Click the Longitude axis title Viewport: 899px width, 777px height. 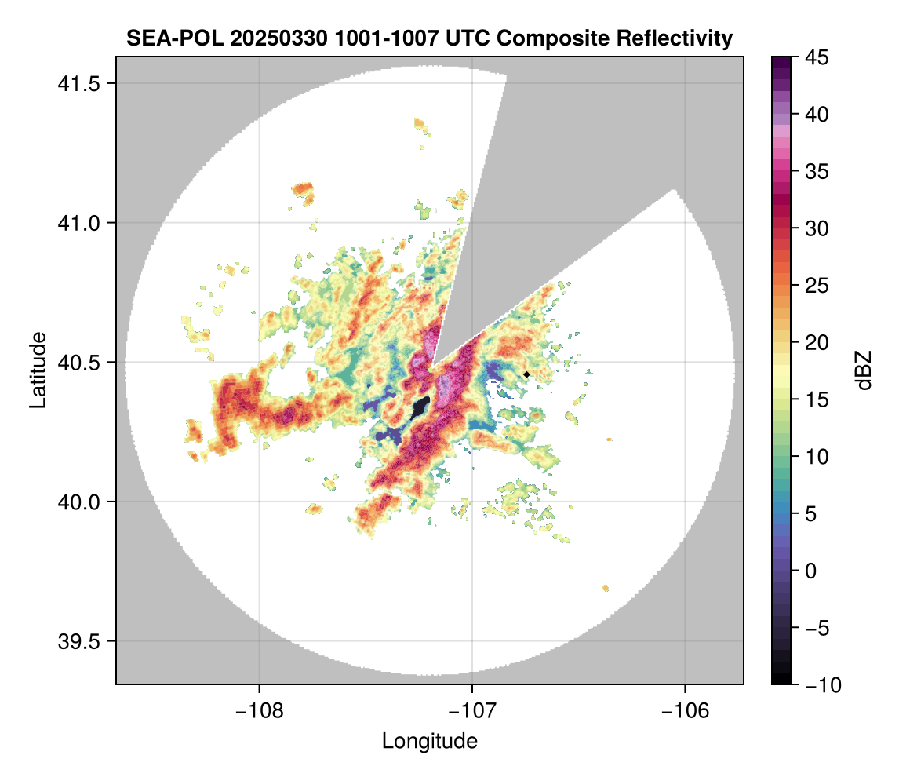point(429,741)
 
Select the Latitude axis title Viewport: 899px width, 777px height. point(37,370)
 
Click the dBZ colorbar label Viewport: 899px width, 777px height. point(864,370)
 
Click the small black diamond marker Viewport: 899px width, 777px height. point(526,374)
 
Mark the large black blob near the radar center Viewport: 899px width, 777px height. point(419,408)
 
